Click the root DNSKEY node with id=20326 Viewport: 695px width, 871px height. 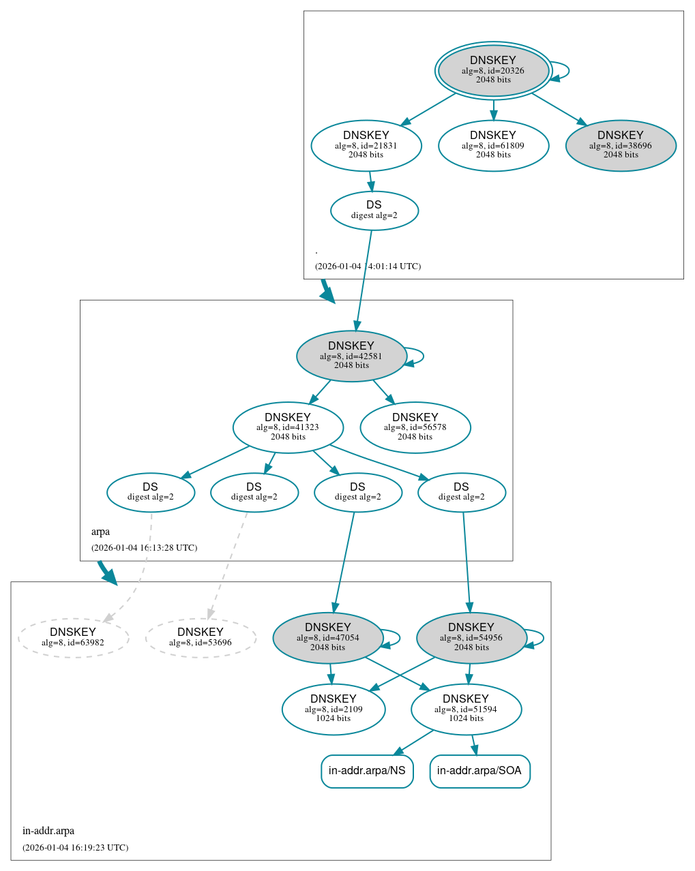493,70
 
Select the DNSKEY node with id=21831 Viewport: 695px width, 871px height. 366,145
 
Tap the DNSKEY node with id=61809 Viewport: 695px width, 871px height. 493,145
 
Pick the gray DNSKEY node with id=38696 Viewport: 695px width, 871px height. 621,145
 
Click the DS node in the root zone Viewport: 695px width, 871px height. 374,211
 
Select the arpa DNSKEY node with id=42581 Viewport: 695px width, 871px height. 351,356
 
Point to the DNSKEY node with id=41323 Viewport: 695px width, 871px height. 288,427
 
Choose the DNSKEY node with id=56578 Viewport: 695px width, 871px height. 415,427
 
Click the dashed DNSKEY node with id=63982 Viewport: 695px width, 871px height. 73,638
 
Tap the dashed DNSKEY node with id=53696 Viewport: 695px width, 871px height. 201,638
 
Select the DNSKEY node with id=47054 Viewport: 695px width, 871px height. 328,638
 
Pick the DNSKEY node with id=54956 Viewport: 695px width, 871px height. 471,638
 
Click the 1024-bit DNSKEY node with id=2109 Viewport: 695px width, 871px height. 334,709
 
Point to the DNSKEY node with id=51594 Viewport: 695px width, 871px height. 466,709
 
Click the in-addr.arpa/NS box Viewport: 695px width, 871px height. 367,771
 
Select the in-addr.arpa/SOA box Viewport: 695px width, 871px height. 479,771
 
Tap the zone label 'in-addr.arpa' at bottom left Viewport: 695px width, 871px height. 48,831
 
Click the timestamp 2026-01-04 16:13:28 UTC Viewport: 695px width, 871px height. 144,548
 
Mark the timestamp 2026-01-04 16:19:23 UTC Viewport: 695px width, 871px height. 75,848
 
